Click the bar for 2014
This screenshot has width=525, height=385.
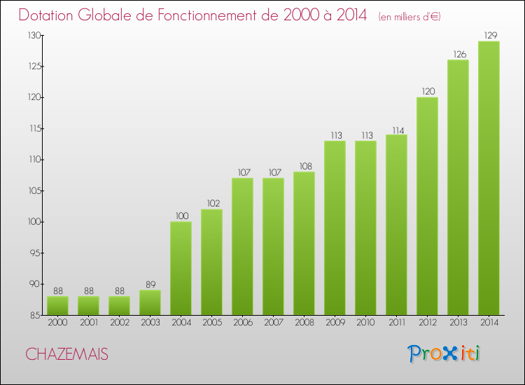pos(489,178)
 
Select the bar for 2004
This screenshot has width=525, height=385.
pos(181,268)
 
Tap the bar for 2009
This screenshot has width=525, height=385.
pos(335,228)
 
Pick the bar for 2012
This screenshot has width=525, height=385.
pos(427,206)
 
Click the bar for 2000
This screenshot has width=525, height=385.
pos(57,305)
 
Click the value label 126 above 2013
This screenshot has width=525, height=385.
pos(458,54)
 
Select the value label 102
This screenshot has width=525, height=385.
pos(211,203)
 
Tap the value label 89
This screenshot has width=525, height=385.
pos(150,284)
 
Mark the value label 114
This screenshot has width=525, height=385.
pos(396,129)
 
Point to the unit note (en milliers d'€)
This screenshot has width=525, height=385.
pos(409,16)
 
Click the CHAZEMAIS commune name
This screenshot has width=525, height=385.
pos(67,354)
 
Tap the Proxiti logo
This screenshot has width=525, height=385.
pos(444,353)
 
